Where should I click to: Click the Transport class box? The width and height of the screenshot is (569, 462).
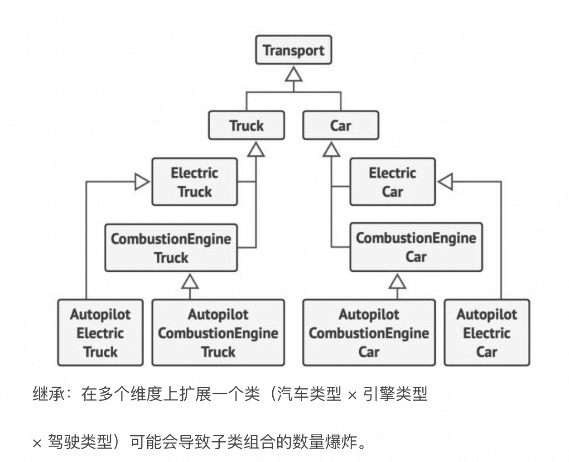click(x=293, y=50)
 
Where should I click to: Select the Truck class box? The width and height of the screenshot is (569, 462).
click(x=246, y=125)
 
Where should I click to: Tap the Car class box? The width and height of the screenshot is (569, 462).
click(x=340, y=125)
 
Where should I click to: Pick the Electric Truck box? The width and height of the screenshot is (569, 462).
click(x=194, y=182)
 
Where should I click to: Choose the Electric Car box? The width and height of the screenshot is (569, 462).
click(x=392, y=182)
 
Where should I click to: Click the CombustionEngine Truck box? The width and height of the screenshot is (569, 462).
click(x=171, y=248)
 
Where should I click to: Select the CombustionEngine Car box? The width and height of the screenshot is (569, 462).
click(x=416, y=247)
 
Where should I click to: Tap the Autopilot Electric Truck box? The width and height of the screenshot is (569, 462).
click(x=100, y=332)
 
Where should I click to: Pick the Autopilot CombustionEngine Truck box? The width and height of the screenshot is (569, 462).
click(x=218, y=332)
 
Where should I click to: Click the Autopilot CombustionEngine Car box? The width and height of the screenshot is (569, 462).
click(x=369, y=332)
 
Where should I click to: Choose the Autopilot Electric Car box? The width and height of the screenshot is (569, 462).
click(x=487, y=332)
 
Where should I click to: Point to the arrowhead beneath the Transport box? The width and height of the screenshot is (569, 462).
click(x=294, y=74)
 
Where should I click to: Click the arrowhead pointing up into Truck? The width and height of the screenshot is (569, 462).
click(x=256, y=149)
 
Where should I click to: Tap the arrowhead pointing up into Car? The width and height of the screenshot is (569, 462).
click(x=331, y=149)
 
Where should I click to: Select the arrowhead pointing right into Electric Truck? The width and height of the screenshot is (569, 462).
click(x=142, y=182)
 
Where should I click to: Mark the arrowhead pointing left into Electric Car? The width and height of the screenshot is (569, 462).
click(x=445, y=182)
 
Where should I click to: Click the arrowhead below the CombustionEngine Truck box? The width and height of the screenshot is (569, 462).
click(x=190, y=282)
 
